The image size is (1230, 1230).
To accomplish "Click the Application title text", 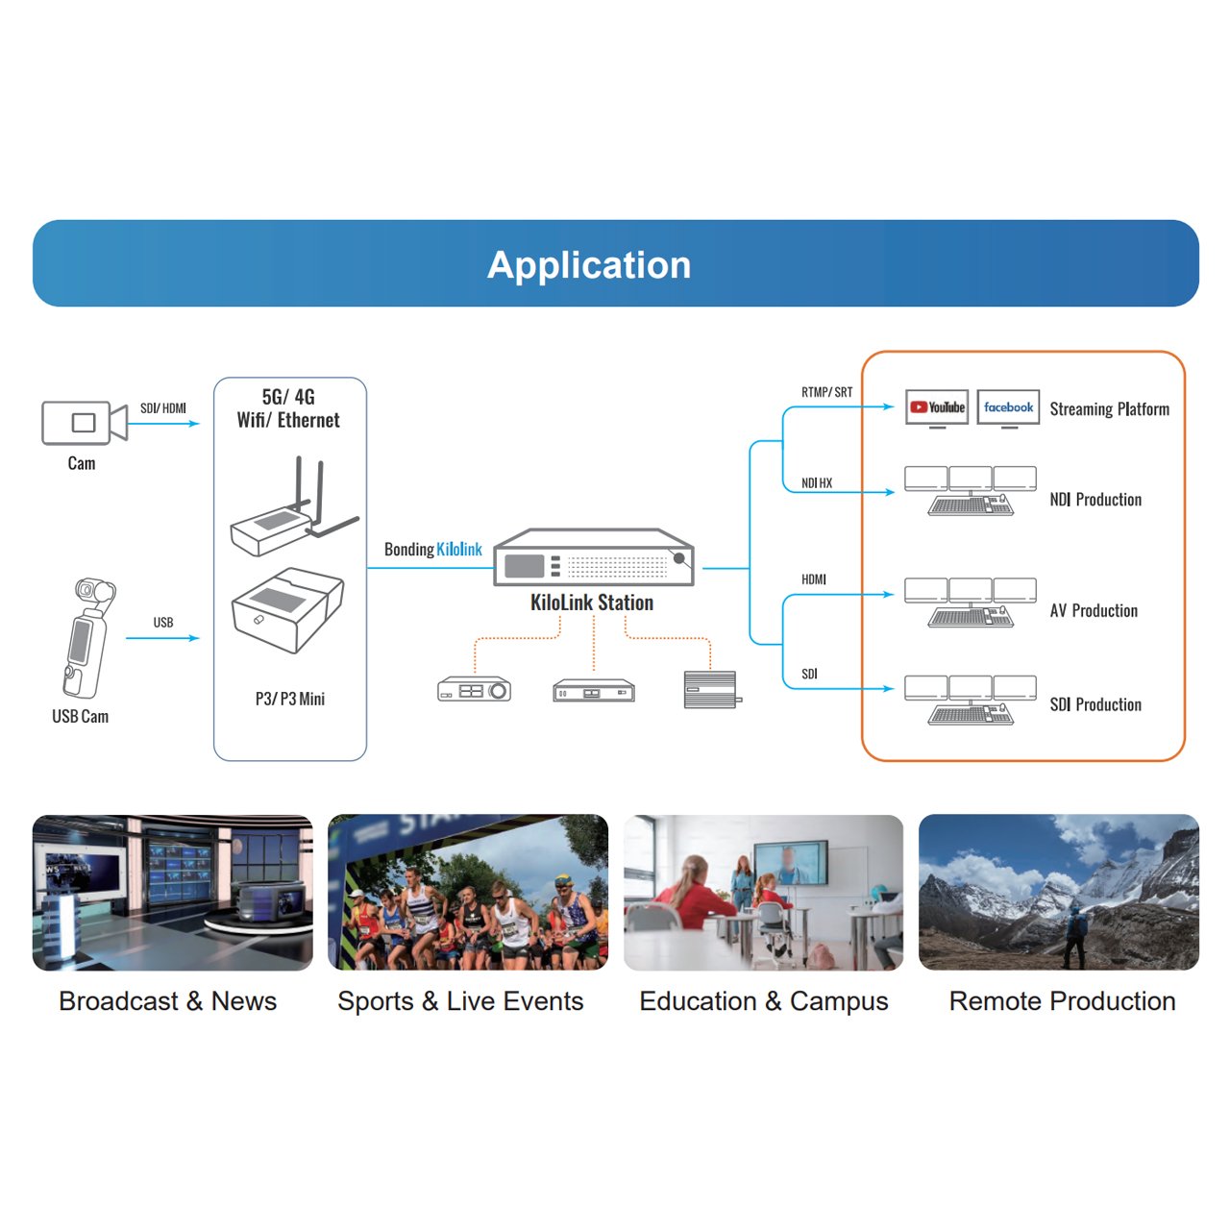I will [x=589, y=265].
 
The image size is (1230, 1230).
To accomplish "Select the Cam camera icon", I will [x=84, y=423].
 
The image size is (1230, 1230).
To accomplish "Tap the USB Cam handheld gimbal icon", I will [x=85, y=638].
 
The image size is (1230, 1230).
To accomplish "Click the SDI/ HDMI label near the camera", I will [x=163, y=408].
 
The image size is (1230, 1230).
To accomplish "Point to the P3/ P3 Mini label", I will [x=290, y=699].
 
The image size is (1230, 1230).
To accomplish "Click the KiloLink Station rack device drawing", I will [x=593, y=558].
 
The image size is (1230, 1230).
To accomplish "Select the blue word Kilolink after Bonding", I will [x=459, y=550].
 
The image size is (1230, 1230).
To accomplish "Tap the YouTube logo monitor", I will [x=937, y=407].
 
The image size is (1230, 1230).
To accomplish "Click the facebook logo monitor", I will [x=1008, y=407].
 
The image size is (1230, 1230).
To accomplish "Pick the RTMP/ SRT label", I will [x=826, y=392].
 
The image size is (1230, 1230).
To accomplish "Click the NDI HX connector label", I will [x=817, y=483].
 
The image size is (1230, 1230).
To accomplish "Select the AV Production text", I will [x=1094, y=611].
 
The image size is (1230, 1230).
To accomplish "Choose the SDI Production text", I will [x=1095, y=705].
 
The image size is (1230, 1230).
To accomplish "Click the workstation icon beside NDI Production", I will [x=971, y=491].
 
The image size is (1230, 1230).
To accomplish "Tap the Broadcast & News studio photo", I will [x=173, y=893].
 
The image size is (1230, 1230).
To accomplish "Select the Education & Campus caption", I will [x=764, y=1001].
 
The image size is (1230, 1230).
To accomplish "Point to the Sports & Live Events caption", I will [x=460, y=1001].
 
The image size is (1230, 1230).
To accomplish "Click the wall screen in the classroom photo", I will [x=789, y=861].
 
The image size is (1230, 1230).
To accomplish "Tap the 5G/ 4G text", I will [x=288, y=397].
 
